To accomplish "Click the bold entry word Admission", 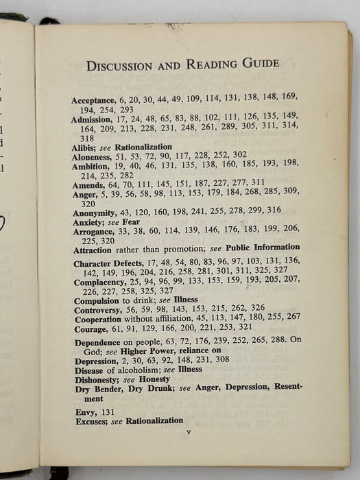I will [94, 120].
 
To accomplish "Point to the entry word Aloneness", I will [93, 156].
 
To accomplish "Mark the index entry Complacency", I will [99, 282].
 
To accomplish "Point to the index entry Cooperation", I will [99, 319].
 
